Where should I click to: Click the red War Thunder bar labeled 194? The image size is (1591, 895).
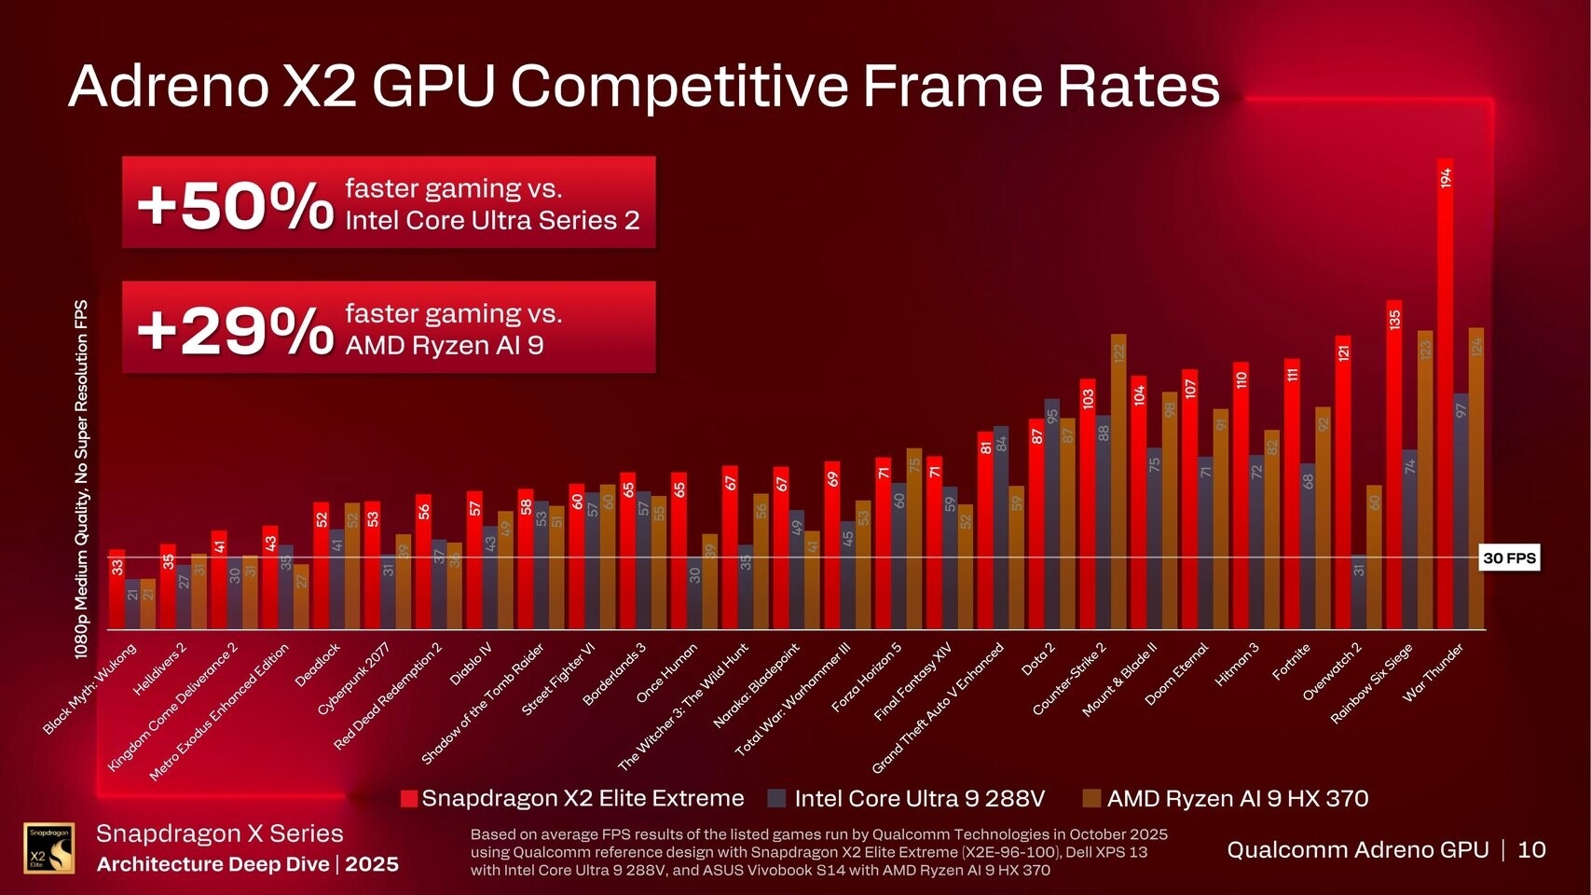1445,392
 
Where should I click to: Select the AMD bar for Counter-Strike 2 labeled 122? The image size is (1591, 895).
1118,480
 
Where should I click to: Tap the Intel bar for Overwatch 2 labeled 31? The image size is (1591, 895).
1359,592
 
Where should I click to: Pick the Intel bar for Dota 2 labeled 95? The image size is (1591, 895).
1052,513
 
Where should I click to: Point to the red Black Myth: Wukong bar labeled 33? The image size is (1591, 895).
117,589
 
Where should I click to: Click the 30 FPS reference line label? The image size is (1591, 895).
1509,558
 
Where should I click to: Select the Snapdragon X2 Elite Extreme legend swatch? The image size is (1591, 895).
408,799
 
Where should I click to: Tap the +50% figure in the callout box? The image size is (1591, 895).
235,205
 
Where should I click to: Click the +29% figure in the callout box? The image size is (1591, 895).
235,330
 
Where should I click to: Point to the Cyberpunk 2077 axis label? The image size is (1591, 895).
353,679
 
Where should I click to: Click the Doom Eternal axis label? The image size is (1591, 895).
1176,673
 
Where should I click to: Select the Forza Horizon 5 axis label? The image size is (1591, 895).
867,678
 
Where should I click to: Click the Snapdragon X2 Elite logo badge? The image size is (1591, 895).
48,847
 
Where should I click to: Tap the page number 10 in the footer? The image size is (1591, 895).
1531,849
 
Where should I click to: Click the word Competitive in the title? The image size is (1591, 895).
679,86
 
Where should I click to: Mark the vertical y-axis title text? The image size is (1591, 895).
82,479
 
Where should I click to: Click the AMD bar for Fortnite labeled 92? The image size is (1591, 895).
1323,517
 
